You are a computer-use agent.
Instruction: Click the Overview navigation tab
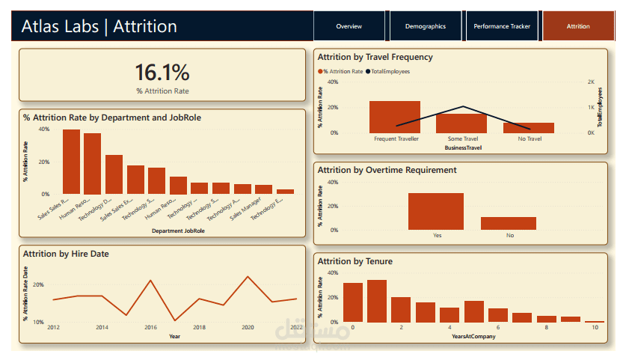[349, 26]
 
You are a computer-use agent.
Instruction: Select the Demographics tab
[425, 26]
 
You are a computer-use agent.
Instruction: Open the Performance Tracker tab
[502, 26]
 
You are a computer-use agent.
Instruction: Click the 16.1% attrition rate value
[162, 73]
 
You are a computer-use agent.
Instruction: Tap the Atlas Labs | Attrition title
[99, 27]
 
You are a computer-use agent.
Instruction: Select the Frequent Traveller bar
[395, 117]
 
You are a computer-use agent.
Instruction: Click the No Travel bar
[529, 128]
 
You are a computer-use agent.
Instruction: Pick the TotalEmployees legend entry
[388, 71]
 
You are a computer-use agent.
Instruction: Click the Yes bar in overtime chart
[436, 211]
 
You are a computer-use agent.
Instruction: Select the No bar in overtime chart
[509, 223]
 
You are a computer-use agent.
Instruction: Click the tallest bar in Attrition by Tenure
[377, 301]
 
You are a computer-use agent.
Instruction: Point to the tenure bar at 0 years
[353, 302]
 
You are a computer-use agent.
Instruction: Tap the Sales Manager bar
[263, 189]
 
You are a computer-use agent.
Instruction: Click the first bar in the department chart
[72, 162]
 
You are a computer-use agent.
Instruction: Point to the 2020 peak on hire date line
[248, 277]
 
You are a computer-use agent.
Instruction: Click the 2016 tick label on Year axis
[150, 328]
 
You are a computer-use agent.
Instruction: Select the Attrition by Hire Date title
[66, 254]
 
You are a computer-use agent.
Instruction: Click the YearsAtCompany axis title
[473, 337]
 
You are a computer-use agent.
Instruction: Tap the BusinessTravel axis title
[463, 148]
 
